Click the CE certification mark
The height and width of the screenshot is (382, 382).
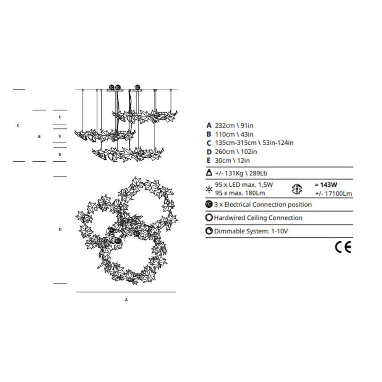click(x=343, y=247)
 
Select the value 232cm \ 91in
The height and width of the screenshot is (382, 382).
click(x=234, y=125)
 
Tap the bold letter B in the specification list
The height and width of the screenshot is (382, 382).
click(x=209, y=134)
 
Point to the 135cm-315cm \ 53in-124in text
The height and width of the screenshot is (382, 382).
click(x=254, y=143)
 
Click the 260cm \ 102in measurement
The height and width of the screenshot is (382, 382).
click(x=236, y=152)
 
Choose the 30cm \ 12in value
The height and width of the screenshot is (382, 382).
click(x=232, y=160)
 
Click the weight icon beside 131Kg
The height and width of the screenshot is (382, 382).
click(x=209, y=173)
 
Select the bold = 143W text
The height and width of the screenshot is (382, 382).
click(x=326, y=185)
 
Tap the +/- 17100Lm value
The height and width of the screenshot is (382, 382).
click(x=333, y=193)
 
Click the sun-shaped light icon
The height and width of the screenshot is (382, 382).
click(x=209, y=189)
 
